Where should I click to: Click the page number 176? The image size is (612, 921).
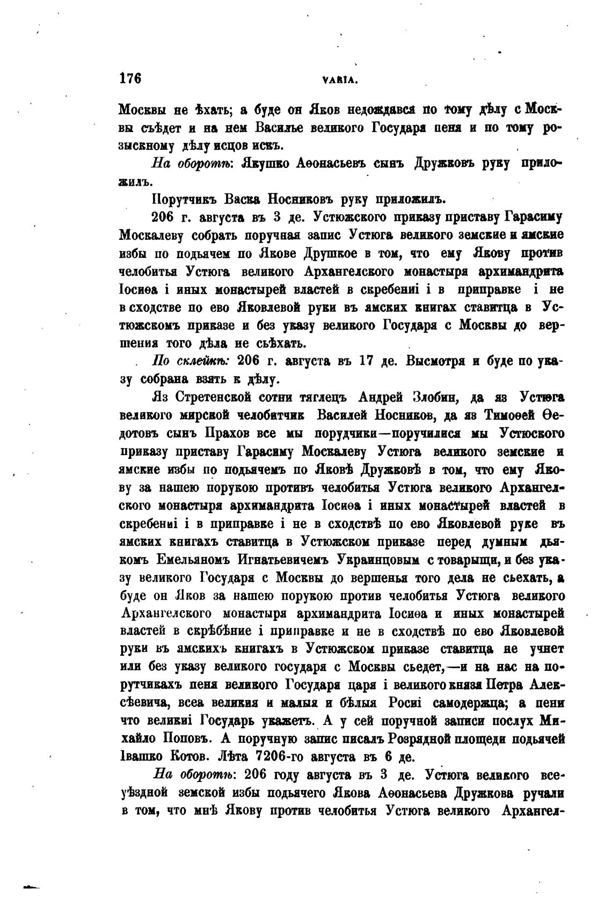click(129, 78)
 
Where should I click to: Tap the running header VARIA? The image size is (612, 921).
click(340, 81)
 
